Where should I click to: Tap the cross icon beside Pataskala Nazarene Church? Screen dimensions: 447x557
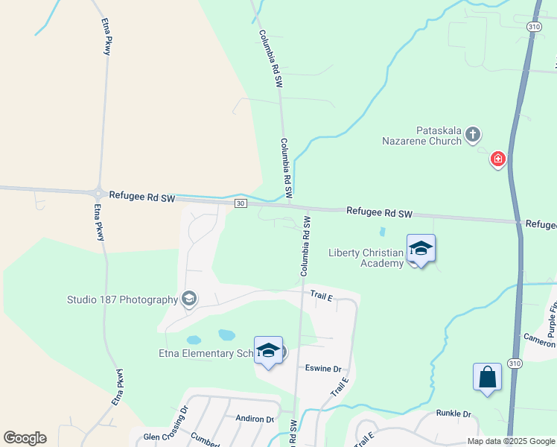tap(472, 135)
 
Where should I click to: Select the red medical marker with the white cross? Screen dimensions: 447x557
tap(497, 159)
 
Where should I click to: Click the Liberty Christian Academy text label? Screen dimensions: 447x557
tap(366, 258)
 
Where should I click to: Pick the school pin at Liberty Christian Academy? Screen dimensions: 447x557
tap(421, 249)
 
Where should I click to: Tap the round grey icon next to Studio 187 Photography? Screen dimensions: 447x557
tap(189, 299)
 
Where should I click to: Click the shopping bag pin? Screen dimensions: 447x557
tap(487, 377)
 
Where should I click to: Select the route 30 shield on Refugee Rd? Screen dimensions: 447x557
tap(240, 203)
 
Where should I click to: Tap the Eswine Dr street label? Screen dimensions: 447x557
tap(323, 369)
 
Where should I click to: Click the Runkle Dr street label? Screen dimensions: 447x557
tap(453, 413)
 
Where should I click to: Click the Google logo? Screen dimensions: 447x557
tap(25, 438)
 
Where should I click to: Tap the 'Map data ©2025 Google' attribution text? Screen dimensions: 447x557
tap(510, 441)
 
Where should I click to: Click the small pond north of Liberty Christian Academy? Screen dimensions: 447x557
tap(383, 232)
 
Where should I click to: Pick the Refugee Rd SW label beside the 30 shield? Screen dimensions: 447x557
tap(141, 197)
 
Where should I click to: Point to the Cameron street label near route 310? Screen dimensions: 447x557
tap(539, 340)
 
